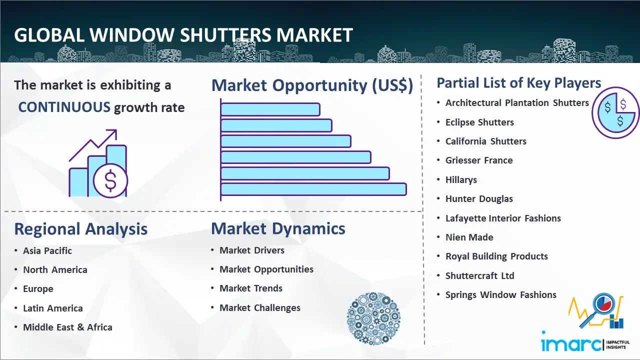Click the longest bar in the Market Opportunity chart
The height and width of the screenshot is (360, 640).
coord(313,189)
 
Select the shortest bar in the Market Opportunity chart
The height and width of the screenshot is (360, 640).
coord(270,109)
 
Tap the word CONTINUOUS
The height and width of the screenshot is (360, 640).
coord(64,107)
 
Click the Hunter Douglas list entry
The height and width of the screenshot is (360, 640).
coord(479,199)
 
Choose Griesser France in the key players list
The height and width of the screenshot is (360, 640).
coord(479,160)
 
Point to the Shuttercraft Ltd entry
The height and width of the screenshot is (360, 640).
coord(479,275)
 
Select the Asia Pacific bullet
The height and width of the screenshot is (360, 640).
coord(47,251)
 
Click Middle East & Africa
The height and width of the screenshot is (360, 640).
coord(67,327)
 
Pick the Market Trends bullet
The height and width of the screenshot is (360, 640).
coord(251,288)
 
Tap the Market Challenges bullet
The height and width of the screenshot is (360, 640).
coord(260,308)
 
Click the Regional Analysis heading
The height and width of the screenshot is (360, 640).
coord(80,229)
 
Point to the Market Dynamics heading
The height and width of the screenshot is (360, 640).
coord(278,228)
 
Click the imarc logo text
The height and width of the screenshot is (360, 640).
coord(571,344)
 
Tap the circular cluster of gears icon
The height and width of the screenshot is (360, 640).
coord(373,318)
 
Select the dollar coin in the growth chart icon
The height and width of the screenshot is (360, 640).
coord(110,180)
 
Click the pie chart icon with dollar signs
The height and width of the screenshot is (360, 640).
coord(615,112)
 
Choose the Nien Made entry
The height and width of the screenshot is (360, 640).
coord(469,237)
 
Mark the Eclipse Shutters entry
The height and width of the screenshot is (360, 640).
coord(479,122)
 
